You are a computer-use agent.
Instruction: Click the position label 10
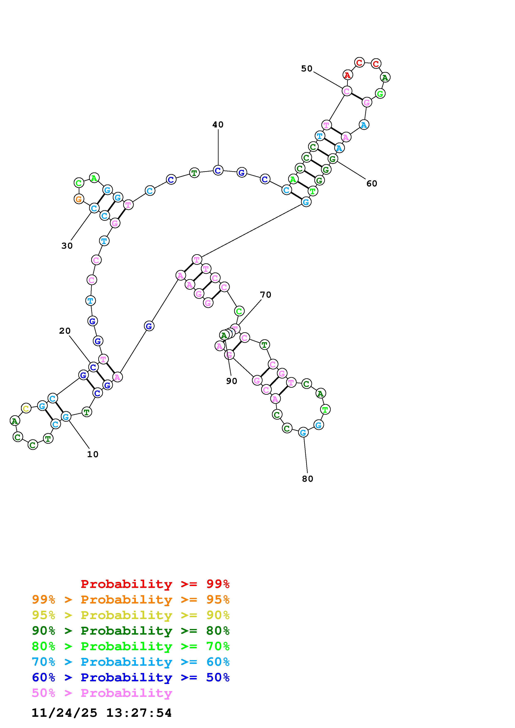tap(93, 454)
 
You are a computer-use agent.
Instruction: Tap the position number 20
tap(65, 331)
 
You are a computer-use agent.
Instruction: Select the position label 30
tap(67, 246)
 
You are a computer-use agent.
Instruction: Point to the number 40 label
tap(218, 125)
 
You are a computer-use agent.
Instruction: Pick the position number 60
tap(372, 184)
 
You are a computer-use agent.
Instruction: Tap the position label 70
tap(265, 295)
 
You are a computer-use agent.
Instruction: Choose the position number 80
tap(307, 479)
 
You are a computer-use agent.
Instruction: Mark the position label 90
tap(232, 381)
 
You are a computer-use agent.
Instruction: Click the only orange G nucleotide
tap(79, 199)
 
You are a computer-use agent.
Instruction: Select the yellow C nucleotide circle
tap(26, 408)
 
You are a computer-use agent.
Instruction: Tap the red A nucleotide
tap(348, 75)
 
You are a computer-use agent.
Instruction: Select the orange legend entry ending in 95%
tap(131, 600)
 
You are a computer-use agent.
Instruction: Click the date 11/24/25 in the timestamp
tap(64, 713)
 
